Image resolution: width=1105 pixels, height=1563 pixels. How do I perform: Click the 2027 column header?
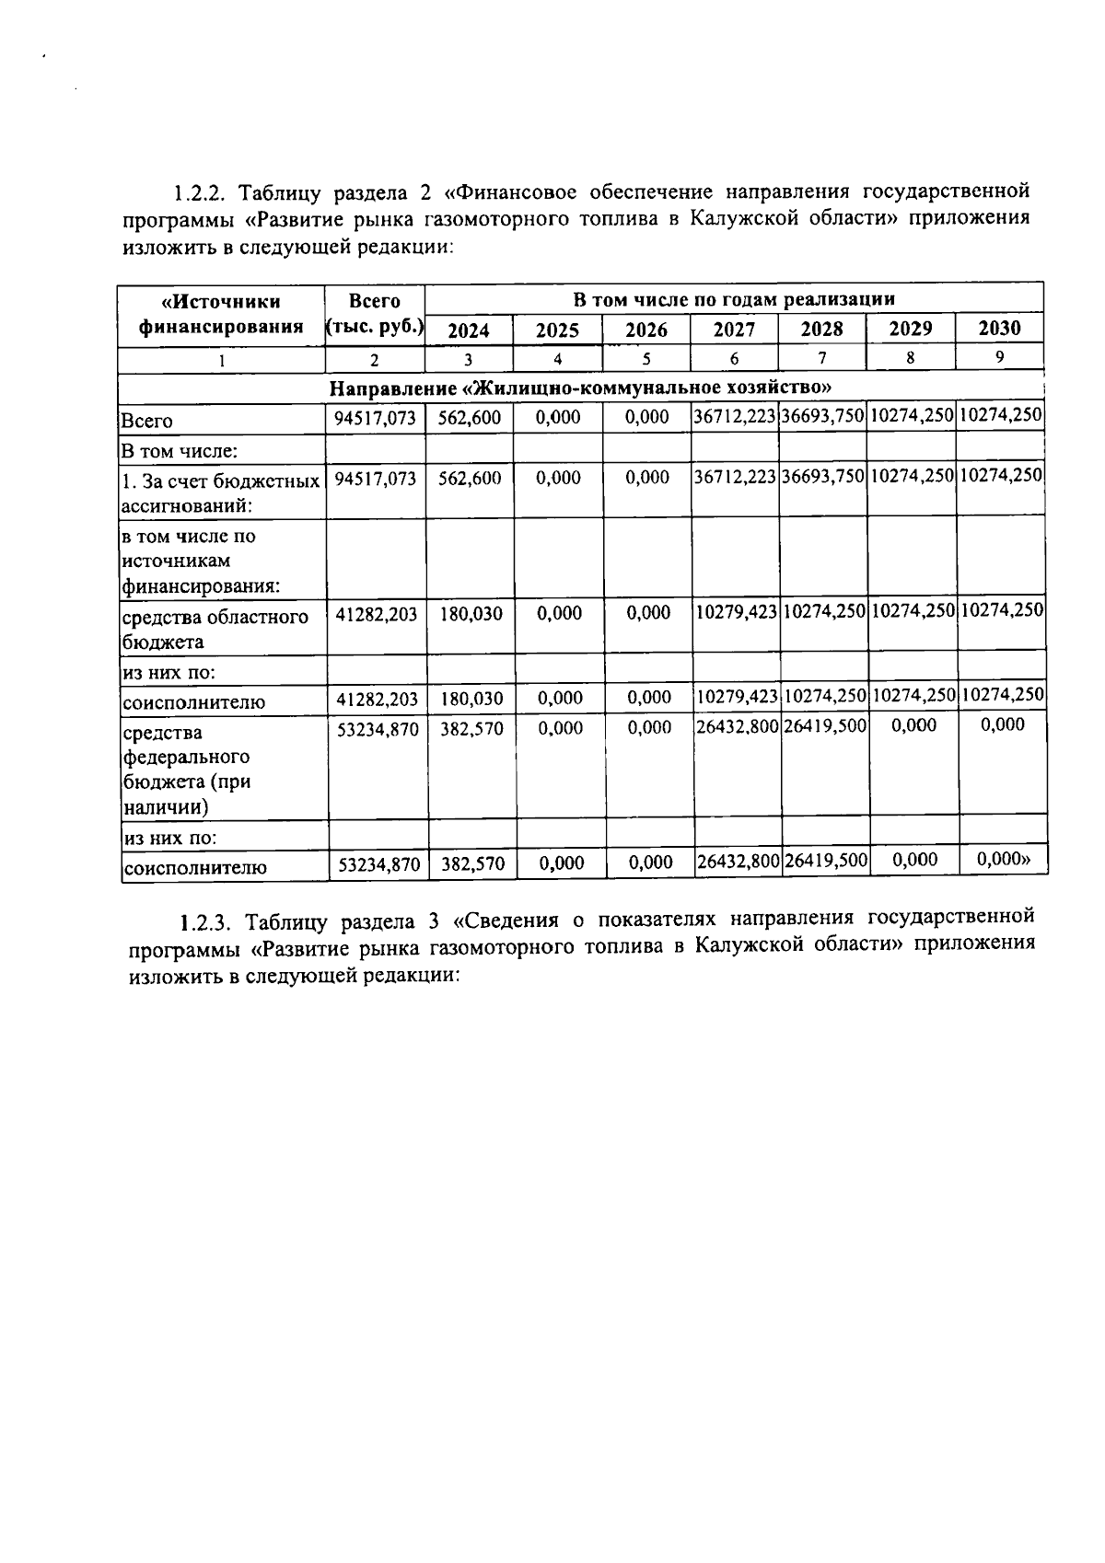click(734, 330)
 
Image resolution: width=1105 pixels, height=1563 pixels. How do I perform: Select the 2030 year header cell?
click(999, 328)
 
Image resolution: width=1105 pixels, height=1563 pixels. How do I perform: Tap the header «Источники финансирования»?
click(221, 314)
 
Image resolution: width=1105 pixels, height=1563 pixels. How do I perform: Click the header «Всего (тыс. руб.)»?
click(375, 314)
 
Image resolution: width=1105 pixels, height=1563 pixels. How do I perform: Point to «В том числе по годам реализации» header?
click(734, 299)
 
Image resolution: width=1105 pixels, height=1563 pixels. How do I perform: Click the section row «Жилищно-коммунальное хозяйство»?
click(580, 387)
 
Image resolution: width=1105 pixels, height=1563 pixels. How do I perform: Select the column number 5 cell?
click(646, 359)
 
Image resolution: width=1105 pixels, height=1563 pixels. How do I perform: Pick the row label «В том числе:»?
click(180, 451)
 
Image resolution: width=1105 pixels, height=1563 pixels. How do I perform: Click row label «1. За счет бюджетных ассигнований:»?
click(221, 492)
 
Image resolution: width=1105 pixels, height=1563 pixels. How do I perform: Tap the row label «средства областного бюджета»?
click(215, 629)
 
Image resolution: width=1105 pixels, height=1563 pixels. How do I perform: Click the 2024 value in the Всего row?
click(470, 418)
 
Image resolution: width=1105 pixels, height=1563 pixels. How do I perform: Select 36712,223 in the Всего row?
click(734, 417)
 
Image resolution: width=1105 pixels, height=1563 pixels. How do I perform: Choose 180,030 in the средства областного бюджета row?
click(471, 614)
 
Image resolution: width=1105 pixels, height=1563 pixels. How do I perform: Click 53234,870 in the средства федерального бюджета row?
click(377, 729)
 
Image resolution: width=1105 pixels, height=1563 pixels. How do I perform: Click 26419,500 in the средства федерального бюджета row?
click(824, 726)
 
